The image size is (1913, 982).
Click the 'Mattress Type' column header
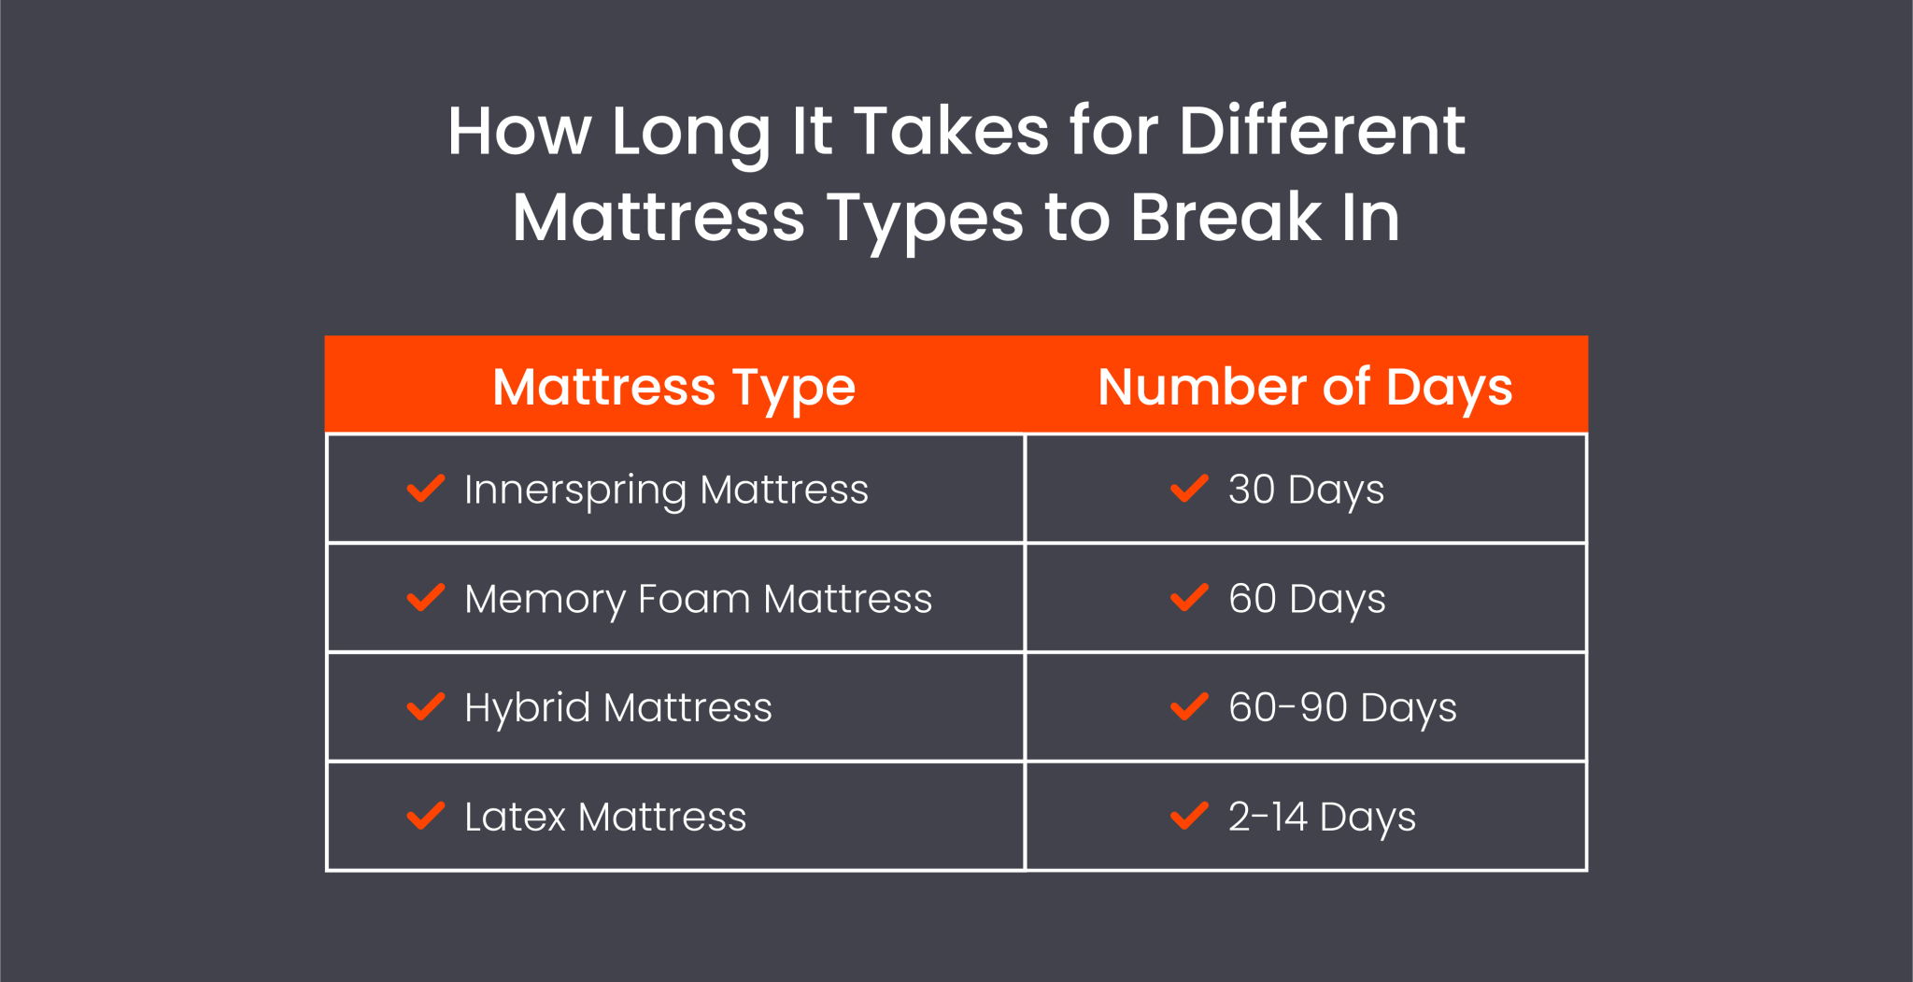[x=673, y=387]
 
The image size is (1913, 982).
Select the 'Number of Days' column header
[x=1305, y=387]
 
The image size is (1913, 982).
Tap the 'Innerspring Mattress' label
[x=666, y=490]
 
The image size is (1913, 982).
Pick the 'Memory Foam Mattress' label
[x=698, y=599]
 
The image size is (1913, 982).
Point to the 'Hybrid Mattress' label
[x=617, y=707]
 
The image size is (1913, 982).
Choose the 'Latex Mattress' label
[x=605, y=817]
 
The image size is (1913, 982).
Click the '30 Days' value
[x=1306, y=490]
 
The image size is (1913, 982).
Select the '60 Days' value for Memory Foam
[x=1307, y=599]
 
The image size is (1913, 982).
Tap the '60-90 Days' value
[x=1342, y=707]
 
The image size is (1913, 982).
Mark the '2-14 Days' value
[x=1322, y=817]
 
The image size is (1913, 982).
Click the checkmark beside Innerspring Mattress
[x=426, y=488]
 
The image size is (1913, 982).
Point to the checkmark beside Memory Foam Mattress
[x=426, y=597]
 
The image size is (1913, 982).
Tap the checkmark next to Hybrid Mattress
[x=426, y=706]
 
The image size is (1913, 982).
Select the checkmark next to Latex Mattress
[x=426, y=816]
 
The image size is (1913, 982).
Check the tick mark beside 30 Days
[x=1189, y=488]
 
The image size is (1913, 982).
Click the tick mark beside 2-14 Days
[x=1189, y=816]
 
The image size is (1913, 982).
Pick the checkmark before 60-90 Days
[x=1189, y=706]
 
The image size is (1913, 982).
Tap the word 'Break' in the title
[x=1226, y=218]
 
